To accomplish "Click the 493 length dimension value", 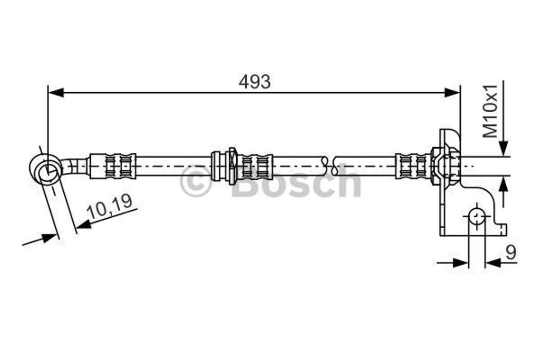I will click(x=254, y=82).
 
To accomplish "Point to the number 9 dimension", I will click(x=510, y=253).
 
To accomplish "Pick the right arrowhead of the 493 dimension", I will click(x=452, y=93).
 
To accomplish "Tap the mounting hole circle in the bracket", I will click(x=477, y=217).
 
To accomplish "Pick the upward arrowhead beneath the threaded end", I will click(x=504, y=184).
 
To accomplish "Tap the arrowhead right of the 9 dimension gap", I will click(x=493, y=262).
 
